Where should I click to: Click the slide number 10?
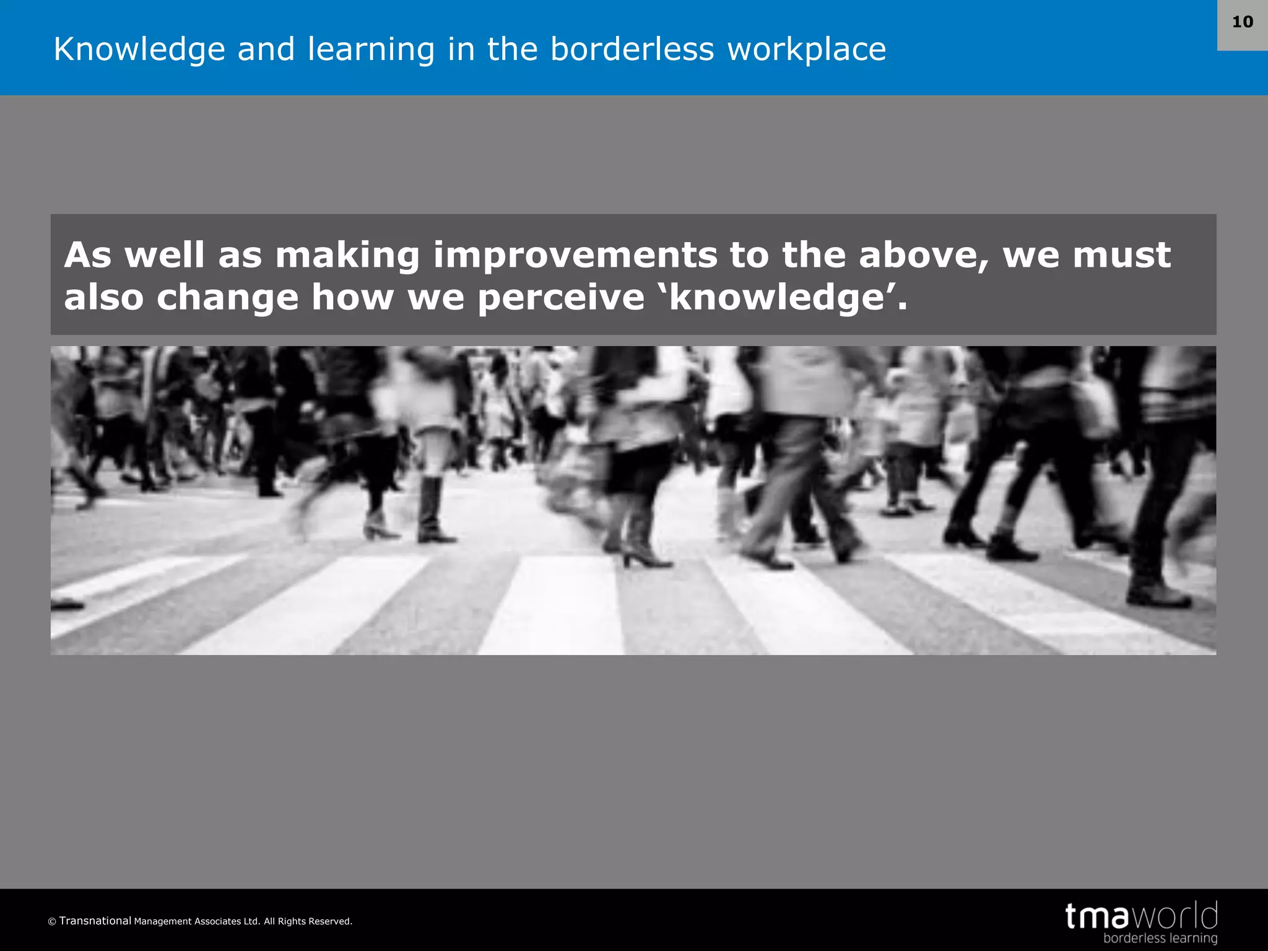[1242, 22]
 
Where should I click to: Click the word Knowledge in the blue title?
[139, 50]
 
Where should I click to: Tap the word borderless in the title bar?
[632, 49]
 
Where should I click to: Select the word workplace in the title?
[806, 50]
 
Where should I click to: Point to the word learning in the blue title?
[371, 50]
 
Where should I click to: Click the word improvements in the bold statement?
[575, 255]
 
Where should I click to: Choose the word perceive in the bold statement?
[561, 297]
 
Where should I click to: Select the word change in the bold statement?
[227, 297]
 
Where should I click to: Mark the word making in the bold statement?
[347, 255]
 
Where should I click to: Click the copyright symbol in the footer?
[52, 922]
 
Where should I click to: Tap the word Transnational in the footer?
[95, 921]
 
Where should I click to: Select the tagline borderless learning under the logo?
[1160, 938]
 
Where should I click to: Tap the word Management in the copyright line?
[162, 921]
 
